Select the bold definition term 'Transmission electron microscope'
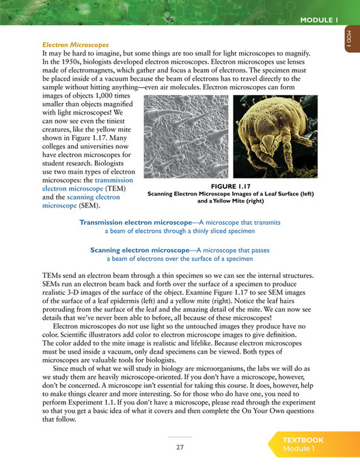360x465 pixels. point(135,223)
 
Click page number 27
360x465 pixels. point(180,447)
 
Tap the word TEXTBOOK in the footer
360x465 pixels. point(305,440)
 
